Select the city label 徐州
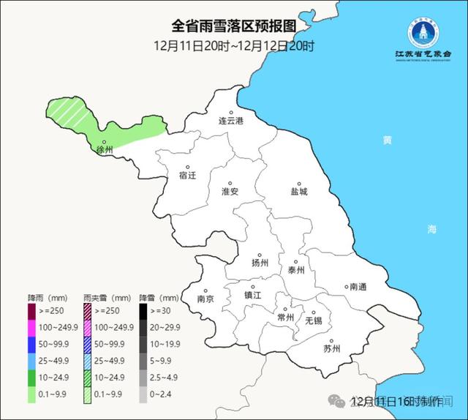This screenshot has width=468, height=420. point(105,149)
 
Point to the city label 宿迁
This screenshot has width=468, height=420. point(188,176)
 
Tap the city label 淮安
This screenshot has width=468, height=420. point(230,191)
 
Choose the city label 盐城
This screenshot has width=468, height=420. point(298,191)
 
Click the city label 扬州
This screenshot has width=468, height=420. point(260,263)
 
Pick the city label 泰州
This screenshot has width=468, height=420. point(296,269)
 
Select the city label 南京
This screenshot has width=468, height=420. point(205,299)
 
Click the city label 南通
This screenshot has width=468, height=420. point(358,286)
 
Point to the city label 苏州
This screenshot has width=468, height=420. point(331,348)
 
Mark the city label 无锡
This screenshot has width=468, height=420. point(313,320)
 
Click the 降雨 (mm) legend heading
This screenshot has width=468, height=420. point(46,299)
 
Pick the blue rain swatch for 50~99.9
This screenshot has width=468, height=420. point(32,342)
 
